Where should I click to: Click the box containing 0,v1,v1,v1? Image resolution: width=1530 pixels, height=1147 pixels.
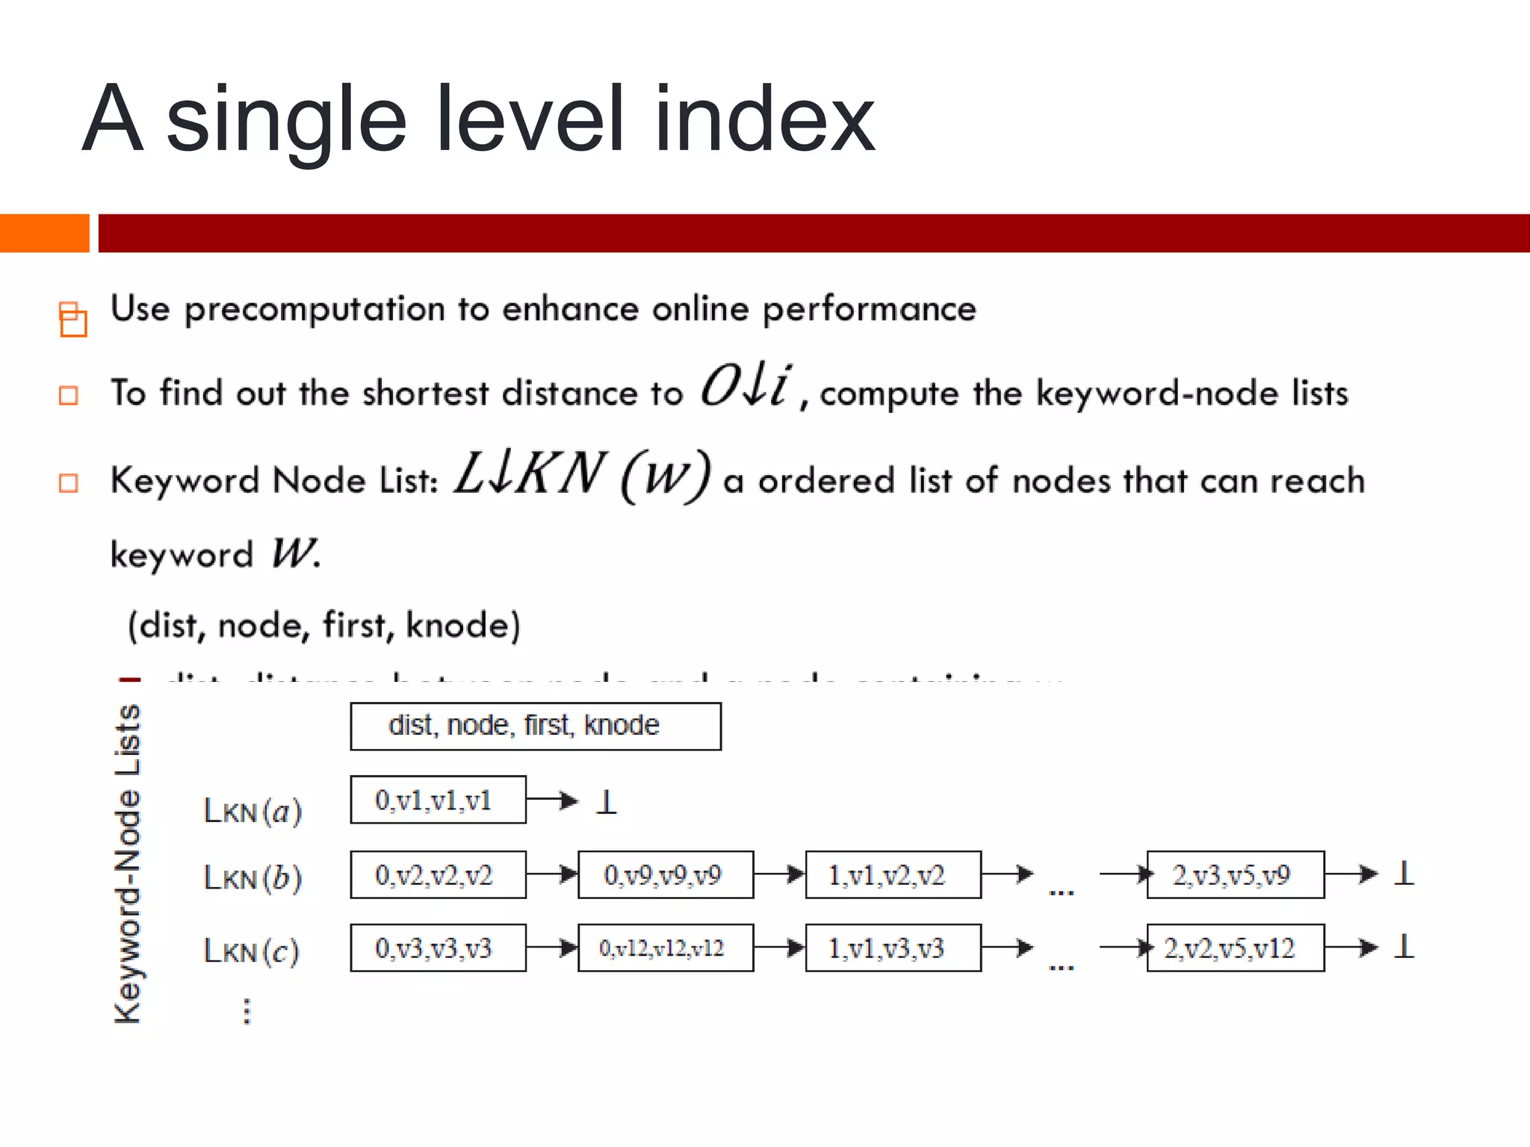(x=438, y=800)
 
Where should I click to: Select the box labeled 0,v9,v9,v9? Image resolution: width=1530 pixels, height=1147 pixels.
(x=665, y=874)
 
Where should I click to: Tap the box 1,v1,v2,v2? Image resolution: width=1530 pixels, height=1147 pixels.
(x=893, y=874)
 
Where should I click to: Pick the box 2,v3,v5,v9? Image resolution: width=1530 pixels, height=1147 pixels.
(x=1235, y=874)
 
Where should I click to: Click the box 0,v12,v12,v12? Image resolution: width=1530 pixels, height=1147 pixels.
(x=665, y=948)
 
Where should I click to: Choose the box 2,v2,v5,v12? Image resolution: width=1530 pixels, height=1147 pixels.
(x=1235, y=948)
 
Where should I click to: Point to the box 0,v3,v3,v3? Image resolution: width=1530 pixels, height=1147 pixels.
(x=438, y=948)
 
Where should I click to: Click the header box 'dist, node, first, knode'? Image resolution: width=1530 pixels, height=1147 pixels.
(x=535, y=726)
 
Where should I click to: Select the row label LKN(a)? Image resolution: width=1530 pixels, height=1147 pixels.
(x=253, y=811)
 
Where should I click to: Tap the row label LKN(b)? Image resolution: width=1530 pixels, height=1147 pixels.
(x=253, y=877)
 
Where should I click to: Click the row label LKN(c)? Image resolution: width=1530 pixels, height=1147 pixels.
(x=251, y=951)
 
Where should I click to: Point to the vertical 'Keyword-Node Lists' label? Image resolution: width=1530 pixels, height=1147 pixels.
(x=128, y=863)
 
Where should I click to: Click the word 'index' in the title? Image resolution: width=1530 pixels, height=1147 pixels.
(x=764, y=119)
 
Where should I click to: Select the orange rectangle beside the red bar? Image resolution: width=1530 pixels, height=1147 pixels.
(x=44, y=233)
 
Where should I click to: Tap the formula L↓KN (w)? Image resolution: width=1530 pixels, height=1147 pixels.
(x=582, y=476)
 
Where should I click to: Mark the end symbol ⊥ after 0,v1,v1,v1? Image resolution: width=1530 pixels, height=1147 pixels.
(x=607, y=802)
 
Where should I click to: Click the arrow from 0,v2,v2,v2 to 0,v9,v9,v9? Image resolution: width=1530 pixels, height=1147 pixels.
(x=551, y=874)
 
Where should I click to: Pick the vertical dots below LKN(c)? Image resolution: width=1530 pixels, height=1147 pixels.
(x=247, y=1011)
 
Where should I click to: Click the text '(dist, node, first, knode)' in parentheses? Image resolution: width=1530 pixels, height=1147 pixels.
(x=323, y=625)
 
